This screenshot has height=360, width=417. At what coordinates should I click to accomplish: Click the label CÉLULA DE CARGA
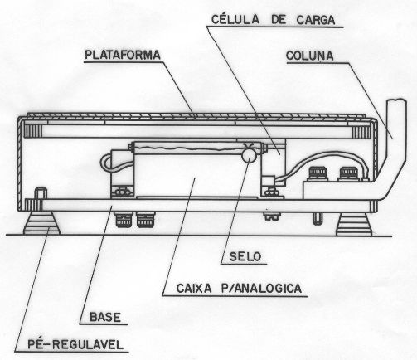(273, 20)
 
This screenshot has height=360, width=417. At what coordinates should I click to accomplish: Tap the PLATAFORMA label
(123, 55)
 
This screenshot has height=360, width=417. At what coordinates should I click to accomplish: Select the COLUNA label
(309, 56)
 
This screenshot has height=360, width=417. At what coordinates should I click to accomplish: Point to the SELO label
(245, 256)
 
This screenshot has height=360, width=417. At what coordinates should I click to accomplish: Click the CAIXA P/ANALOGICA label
(239, 289)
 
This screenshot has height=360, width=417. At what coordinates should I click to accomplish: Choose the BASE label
(105, 317)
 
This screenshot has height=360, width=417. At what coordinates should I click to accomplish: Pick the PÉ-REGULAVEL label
(75, 345)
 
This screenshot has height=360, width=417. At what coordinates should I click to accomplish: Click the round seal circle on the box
(249, 156)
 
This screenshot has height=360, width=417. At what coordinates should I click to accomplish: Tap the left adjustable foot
(41, 222)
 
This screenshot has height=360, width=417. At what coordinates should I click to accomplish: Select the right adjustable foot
(354, 224)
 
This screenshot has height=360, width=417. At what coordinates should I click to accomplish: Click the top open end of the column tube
(396, 100)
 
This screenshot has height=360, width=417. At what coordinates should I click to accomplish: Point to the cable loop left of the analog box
(106, 163)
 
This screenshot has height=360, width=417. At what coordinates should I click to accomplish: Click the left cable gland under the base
(124, 220)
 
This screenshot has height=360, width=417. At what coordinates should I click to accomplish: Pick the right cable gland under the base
(145, 220)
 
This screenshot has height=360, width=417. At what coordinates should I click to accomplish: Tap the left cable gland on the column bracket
(318, 173)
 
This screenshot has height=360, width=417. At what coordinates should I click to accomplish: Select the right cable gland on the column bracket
(349, 173)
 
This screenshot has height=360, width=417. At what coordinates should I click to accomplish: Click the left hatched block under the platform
(32, 131)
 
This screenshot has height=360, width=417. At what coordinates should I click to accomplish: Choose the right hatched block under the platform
(361, 131)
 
